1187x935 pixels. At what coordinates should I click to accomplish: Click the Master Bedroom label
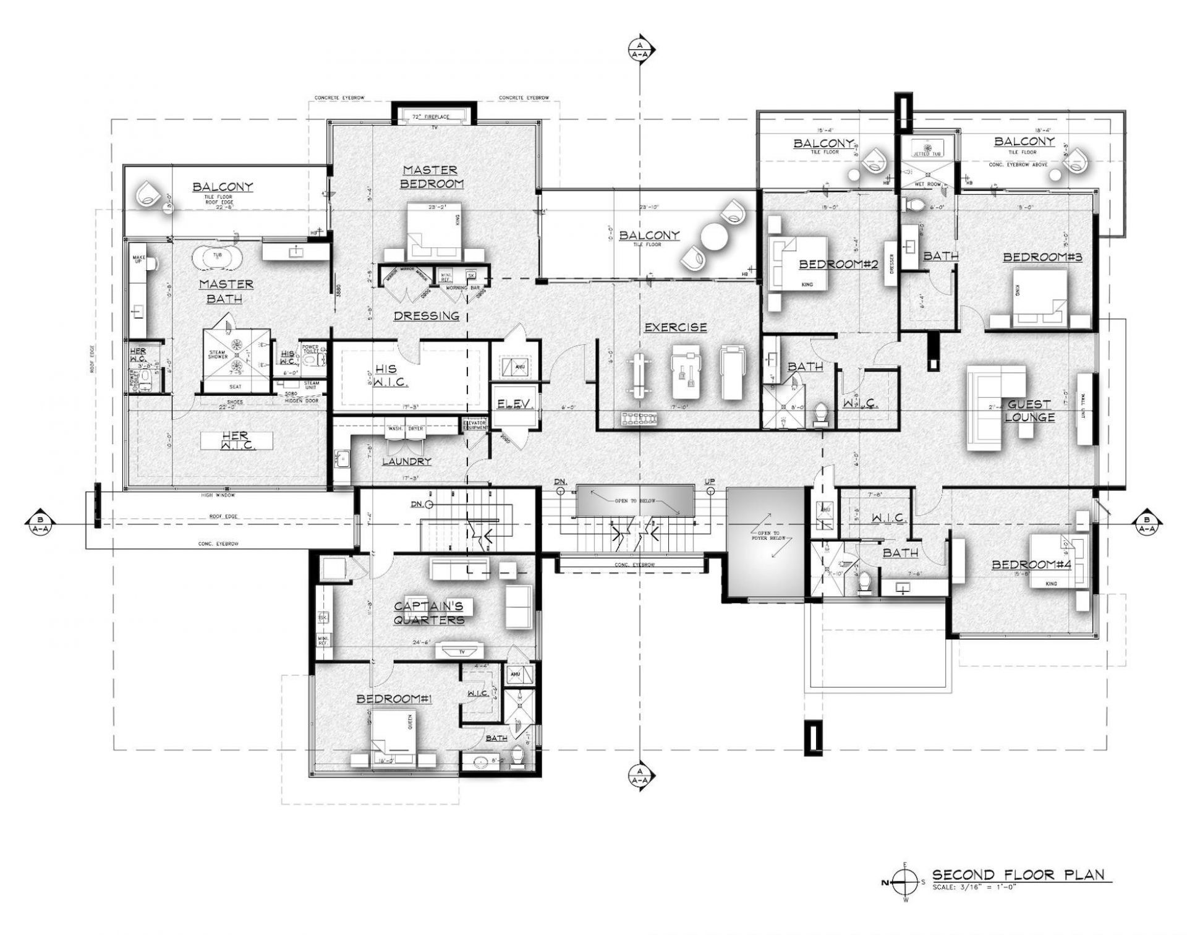(x=430, y=177)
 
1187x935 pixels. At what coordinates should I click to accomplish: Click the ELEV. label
(x=515, y=404)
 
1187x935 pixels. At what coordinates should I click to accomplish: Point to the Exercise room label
(x=676, y=328)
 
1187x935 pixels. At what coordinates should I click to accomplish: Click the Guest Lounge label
(x=1029, y=411)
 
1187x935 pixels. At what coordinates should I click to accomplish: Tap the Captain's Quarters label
(x=429, y=612)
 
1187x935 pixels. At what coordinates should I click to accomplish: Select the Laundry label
(x=406, y=461)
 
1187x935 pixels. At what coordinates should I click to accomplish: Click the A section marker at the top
(x=639, y=49)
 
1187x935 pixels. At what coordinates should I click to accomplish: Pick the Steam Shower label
(x=218, y=354)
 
